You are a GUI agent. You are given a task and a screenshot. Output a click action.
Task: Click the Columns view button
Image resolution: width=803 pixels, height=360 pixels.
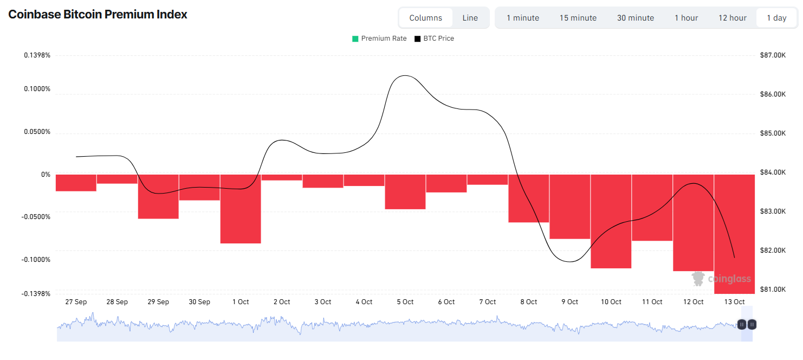[425, 18]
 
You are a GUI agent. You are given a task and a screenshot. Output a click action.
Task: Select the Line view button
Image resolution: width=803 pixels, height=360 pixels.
[470, 18]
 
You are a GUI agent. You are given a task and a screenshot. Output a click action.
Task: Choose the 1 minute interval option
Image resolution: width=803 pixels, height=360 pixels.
[523, 18]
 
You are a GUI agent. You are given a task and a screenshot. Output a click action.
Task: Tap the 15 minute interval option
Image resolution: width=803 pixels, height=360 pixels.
[578, 18]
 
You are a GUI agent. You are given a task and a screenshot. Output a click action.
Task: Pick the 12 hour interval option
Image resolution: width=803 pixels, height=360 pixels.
[733, 18]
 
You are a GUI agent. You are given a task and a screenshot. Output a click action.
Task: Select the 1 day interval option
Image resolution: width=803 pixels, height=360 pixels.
[776, 18]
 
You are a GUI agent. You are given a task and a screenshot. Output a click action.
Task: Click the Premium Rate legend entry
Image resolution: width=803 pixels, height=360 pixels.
[379, 38]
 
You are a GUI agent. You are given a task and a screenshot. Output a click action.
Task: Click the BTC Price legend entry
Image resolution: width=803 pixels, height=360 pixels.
[434, 38]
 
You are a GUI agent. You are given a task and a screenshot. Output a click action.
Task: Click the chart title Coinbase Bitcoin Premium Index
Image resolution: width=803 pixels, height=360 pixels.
[98, 14]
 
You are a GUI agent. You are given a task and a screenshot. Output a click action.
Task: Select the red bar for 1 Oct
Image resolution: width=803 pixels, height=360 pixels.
[241, 209]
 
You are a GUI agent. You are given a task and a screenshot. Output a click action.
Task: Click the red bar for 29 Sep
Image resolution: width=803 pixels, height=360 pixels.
[158, 196]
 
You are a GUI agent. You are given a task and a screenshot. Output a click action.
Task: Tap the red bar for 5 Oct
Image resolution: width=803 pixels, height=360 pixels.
[405, 192]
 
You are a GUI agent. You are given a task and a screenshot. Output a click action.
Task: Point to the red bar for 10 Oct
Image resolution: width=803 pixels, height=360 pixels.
[611, 221]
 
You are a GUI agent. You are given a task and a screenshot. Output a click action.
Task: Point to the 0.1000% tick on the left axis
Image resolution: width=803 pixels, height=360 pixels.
[37, 89]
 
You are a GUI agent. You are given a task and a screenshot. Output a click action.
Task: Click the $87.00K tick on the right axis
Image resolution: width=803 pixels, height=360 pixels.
[773, 55]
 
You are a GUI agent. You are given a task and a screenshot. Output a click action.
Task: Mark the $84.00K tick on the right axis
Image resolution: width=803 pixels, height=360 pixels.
[773, 172]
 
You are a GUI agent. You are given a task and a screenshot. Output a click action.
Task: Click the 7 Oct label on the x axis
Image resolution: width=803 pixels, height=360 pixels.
[488, 302]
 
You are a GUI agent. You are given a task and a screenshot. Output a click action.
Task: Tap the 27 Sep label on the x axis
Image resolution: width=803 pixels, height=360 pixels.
[76, 302]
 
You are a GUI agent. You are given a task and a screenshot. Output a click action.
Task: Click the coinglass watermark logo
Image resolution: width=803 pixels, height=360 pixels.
[721, 279]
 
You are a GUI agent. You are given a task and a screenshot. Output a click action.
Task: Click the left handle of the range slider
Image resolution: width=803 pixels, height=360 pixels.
[742, 325]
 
